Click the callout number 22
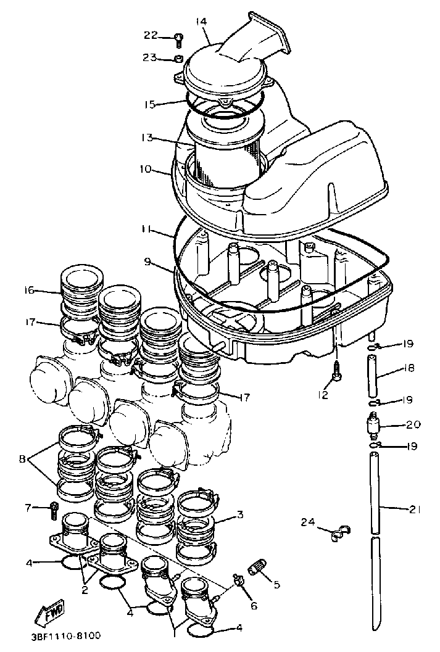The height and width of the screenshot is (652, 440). click(x=151, y=35)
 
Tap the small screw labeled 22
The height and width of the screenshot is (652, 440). click(x=178, y=39)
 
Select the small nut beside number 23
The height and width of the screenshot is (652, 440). click(x=177, y=59)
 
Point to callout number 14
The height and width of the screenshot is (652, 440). click(x=201, y=22)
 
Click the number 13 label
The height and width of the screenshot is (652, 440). click(x=146, y=138)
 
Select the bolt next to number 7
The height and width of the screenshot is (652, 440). click(x=54, y=508)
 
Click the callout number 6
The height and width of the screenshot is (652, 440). click(x=254, y=606)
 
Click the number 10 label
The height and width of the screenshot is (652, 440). click(x=145, y=169)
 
